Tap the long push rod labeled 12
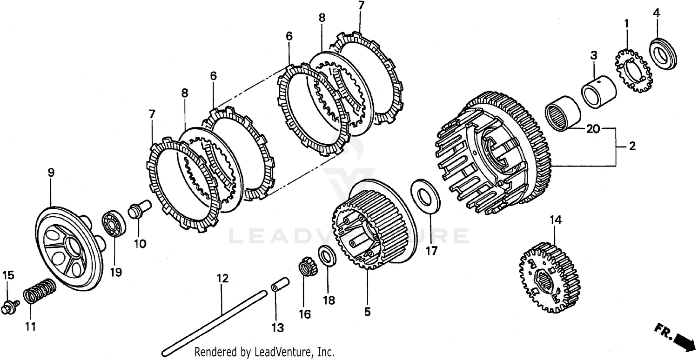coord(214,321)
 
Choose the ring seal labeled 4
coord(663,54)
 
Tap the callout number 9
coord(51,173)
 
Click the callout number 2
coord(631,146)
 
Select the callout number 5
coord(367,312)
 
